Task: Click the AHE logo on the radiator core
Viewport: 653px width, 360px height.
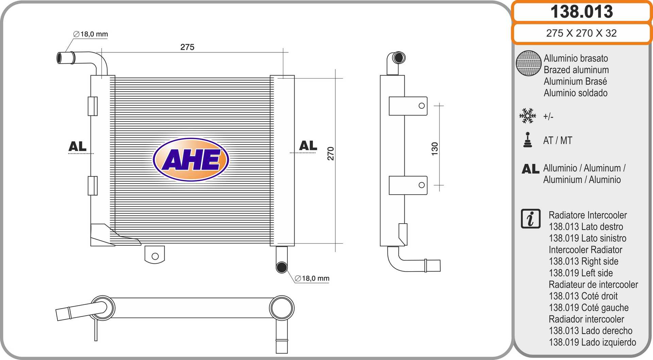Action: [191, 159]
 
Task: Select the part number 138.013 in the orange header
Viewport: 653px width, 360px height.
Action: [582, 12]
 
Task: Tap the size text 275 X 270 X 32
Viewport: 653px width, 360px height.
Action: [581, 33]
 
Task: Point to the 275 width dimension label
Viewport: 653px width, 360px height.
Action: [187, 47]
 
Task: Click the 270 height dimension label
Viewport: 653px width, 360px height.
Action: [331, 153]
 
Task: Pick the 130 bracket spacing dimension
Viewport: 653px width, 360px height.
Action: [435, 149]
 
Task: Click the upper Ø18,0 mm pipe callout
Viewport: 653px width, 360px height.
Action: [90, 34]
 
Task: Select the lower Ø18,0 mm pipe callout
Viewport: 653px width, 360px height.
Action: [312, 278]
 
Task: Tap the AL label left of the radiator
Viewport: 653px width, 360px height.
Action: [78, 146]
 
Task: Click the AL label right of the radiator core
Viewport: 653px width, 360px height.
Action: [308, 146]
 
